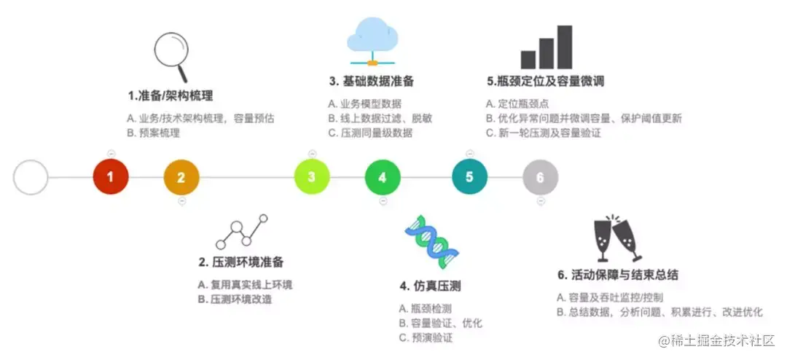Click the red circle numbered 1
pos(111,177)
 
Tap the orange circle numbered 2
pos(181,177)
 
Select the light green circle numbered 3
pos(312,177)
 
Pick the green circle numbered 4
pos(383,177)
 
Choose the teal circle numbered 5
pos(469,177)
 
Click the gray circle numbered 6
pos(540,177)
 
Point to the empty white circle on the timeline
pos(31,177)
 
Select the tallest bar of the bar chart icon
pos(565,47)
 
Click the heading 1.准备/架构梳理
pos(171,95)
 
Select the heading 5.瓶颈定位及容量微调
pos(545,81)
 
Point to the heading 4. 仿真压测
pos(430,286)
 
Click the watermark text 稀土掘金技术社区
pos(723,340)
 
